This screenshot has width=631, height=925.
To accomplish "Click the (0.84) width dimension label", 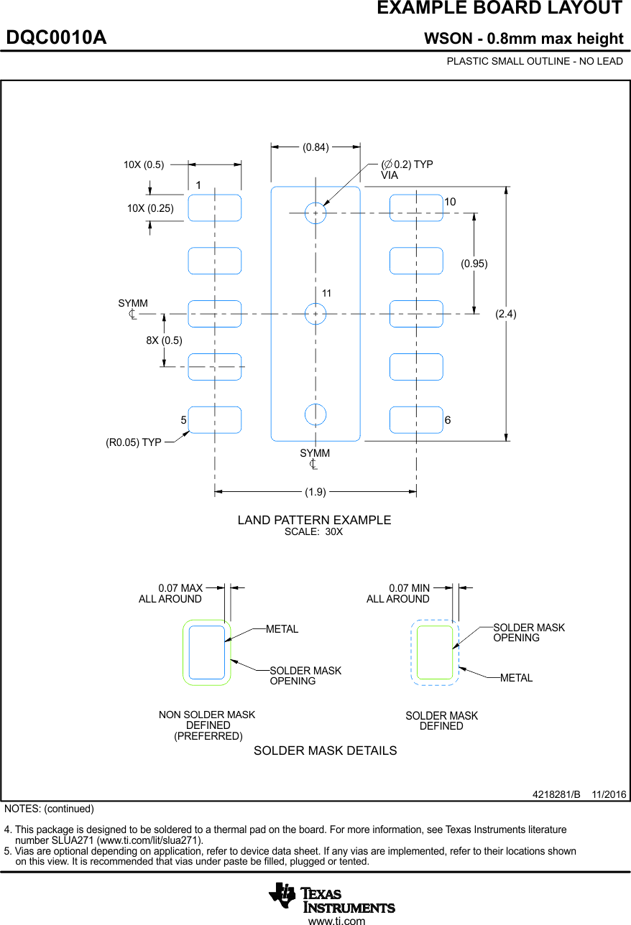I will (x=315, y=147).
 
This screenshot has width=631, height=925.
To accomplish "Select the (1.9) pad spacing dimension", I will (x=315, y=492).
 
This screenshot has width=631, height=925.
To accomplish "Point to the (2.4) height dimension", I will (x=506, y=314).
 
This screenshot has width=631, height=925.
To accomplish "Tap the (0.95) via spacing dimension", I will (x=474, y=264).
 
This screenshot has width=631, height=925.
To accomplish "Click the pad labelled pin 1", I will (x=215, y=208).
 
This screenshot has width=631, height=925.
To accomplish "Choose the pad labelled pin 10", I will (x=416, y=208).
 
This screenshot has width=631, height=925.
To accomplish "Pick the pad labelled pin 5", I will (x=215, y=419).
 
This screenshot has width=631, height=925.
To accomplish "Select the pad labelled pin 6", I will (x=416, y=419).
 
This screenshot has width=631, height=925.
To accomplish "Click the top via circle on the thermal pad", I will (x=315, y=213).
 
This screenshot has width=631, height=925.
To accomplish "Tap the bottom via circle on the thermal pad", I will (x=315, y=414).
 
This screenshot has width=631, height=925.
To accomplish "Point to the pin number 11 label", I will (x=326, y=294).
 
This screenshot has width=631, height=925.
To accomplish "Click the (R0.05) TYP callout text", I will (x=134, y=442).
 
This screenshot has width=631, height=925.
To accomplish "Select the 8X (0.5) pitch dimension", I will (x=164, y=340).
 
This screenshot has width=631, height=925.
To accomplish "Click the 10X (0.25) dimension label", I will (x=150, y=208).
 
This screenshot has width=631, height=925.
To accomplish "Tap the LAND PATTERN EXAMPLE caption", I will (x=314, y=520).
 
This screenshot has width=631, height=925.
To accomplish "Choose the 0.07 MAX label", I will (x=180, y=588).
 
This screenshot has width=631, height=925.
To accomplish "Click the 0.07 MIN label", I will (x=409, y=588).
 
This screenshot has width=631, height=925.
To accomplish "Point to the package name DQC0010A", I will (x=57, y=37).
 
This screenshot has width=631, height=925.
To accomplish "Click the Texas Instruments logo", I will (x=332, y=896).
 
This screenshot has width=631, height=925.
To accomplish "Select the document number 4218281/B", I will (x=556, y=794).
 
